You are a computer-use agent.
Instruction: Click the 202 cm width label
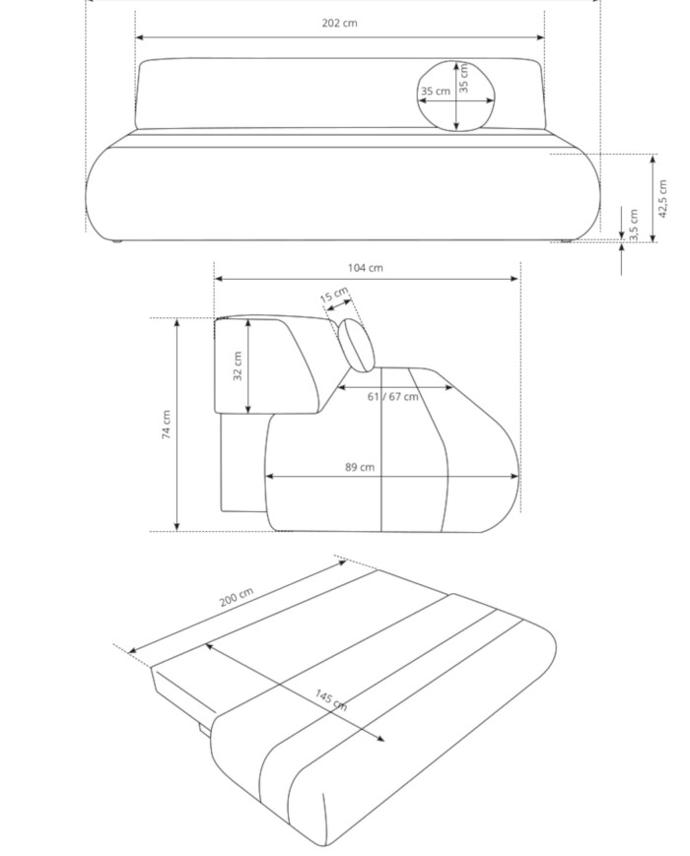(x=339, y=23)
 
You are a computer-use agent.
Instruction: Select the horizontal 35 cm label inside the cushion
(x=435, y=92)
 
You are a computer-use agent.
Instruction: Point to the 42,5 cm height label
(x=664, y=197)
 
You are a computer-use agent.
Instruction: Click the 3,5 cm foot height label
(x=634, y=224)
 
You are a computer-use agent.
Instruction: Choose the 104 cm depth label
(x=366, y=267)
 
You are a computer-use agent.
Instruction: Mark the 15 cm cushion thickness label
(x=333, y=295)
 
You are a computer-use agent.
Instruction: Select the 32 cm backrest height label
(x=238, y=365)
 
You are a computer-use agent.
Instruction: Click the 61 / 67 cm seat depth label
(x=392, y=396)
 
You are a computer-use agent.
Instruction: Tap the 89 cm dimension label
(x=359, y=467)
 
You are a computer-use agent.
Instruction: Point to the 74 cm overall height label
(x=167, y=425)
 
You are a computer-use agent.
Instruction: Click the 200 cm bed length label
(x=236, y=598)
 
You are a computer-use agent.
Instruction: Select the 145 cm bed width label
(x=331, y=699)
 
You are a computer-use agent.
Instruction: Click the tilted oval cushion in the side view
(x=357, y=345)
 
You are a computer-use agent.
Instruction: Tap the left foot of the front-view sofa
(x=118, y=239)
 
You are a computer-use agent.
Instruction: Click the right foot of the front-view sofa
(x=567, y=240)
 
